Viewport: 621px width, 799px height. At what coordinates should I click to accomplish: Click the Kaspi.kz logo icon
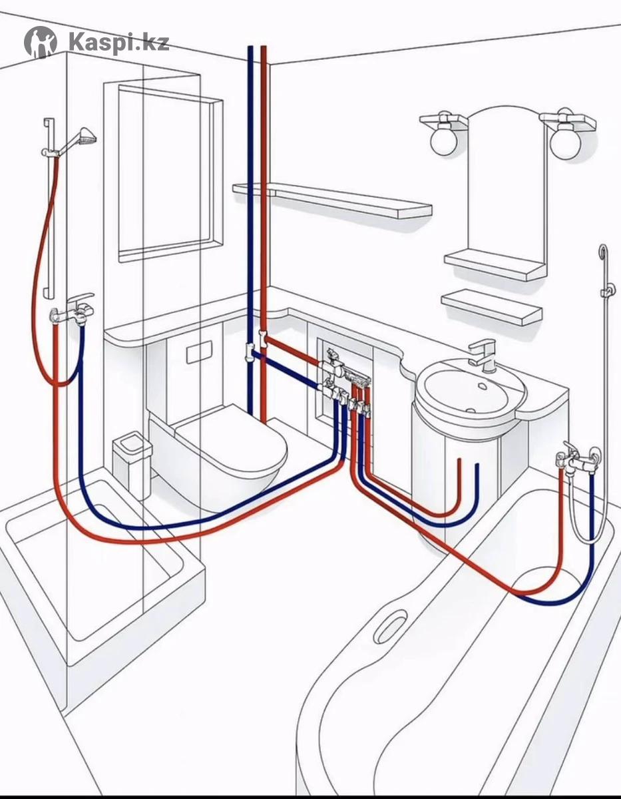point(41,42)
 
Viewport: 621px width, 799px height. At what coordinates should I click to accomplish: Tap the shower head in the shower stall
point(85,138)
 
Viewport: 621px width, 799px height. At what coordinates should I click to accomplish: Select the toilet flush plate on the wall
point(195,354)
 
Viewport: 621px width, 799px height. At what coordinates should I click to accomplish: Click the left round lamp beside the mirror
point(443,139)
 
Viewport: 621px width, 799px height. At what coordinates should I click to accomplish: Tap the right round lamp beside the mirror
point(565,142)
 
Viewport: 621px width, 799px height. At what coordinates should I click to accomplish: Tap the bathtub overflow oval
point(390,626)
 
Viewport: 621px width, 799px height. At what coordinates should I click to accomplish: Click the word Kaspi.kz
point(118,43)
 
